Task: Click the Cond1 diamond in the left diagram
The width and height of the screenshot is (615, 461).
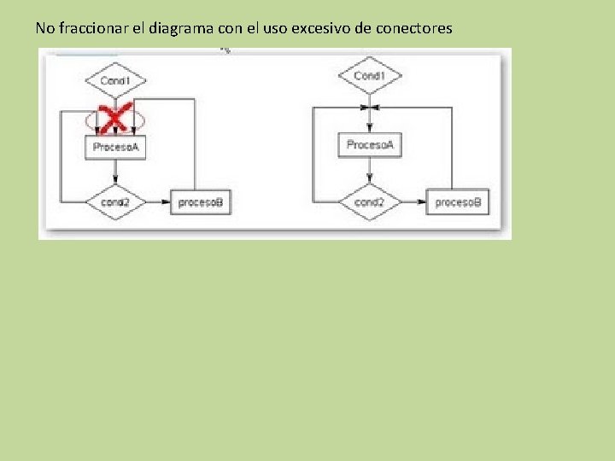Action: pos(115,80)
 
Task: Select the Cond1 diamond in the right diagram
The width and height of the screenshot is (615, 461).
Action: pos(369,76)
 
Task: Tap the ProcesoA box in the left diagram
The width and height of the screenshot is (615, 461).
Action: pos(115,147)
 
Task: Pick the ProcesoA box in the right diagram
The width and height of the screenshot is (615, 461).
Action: pos(369,145)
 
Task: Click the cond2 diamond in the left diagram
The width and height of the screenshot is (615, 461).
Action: pos(114,202)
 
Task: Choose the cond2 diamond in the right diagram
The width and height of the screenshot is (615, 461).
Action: pos(369,202)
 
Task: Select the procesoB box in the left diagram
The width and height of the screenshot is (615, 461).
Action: pos(201,202)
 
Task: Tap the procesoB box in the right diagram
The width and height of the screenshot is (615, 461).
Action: pos(458,202)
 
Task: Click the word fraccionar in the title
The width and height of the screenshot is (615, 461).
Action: pos(91,28)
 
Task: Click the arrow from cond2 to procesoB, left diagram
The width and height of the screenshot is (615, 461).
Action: pos(157,202)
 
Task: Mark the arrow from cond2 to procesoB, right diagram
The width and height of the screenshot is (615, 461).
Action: pos(413,202)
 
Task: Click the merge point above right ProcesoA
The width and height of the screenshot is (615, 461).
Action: pos(369,108)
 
